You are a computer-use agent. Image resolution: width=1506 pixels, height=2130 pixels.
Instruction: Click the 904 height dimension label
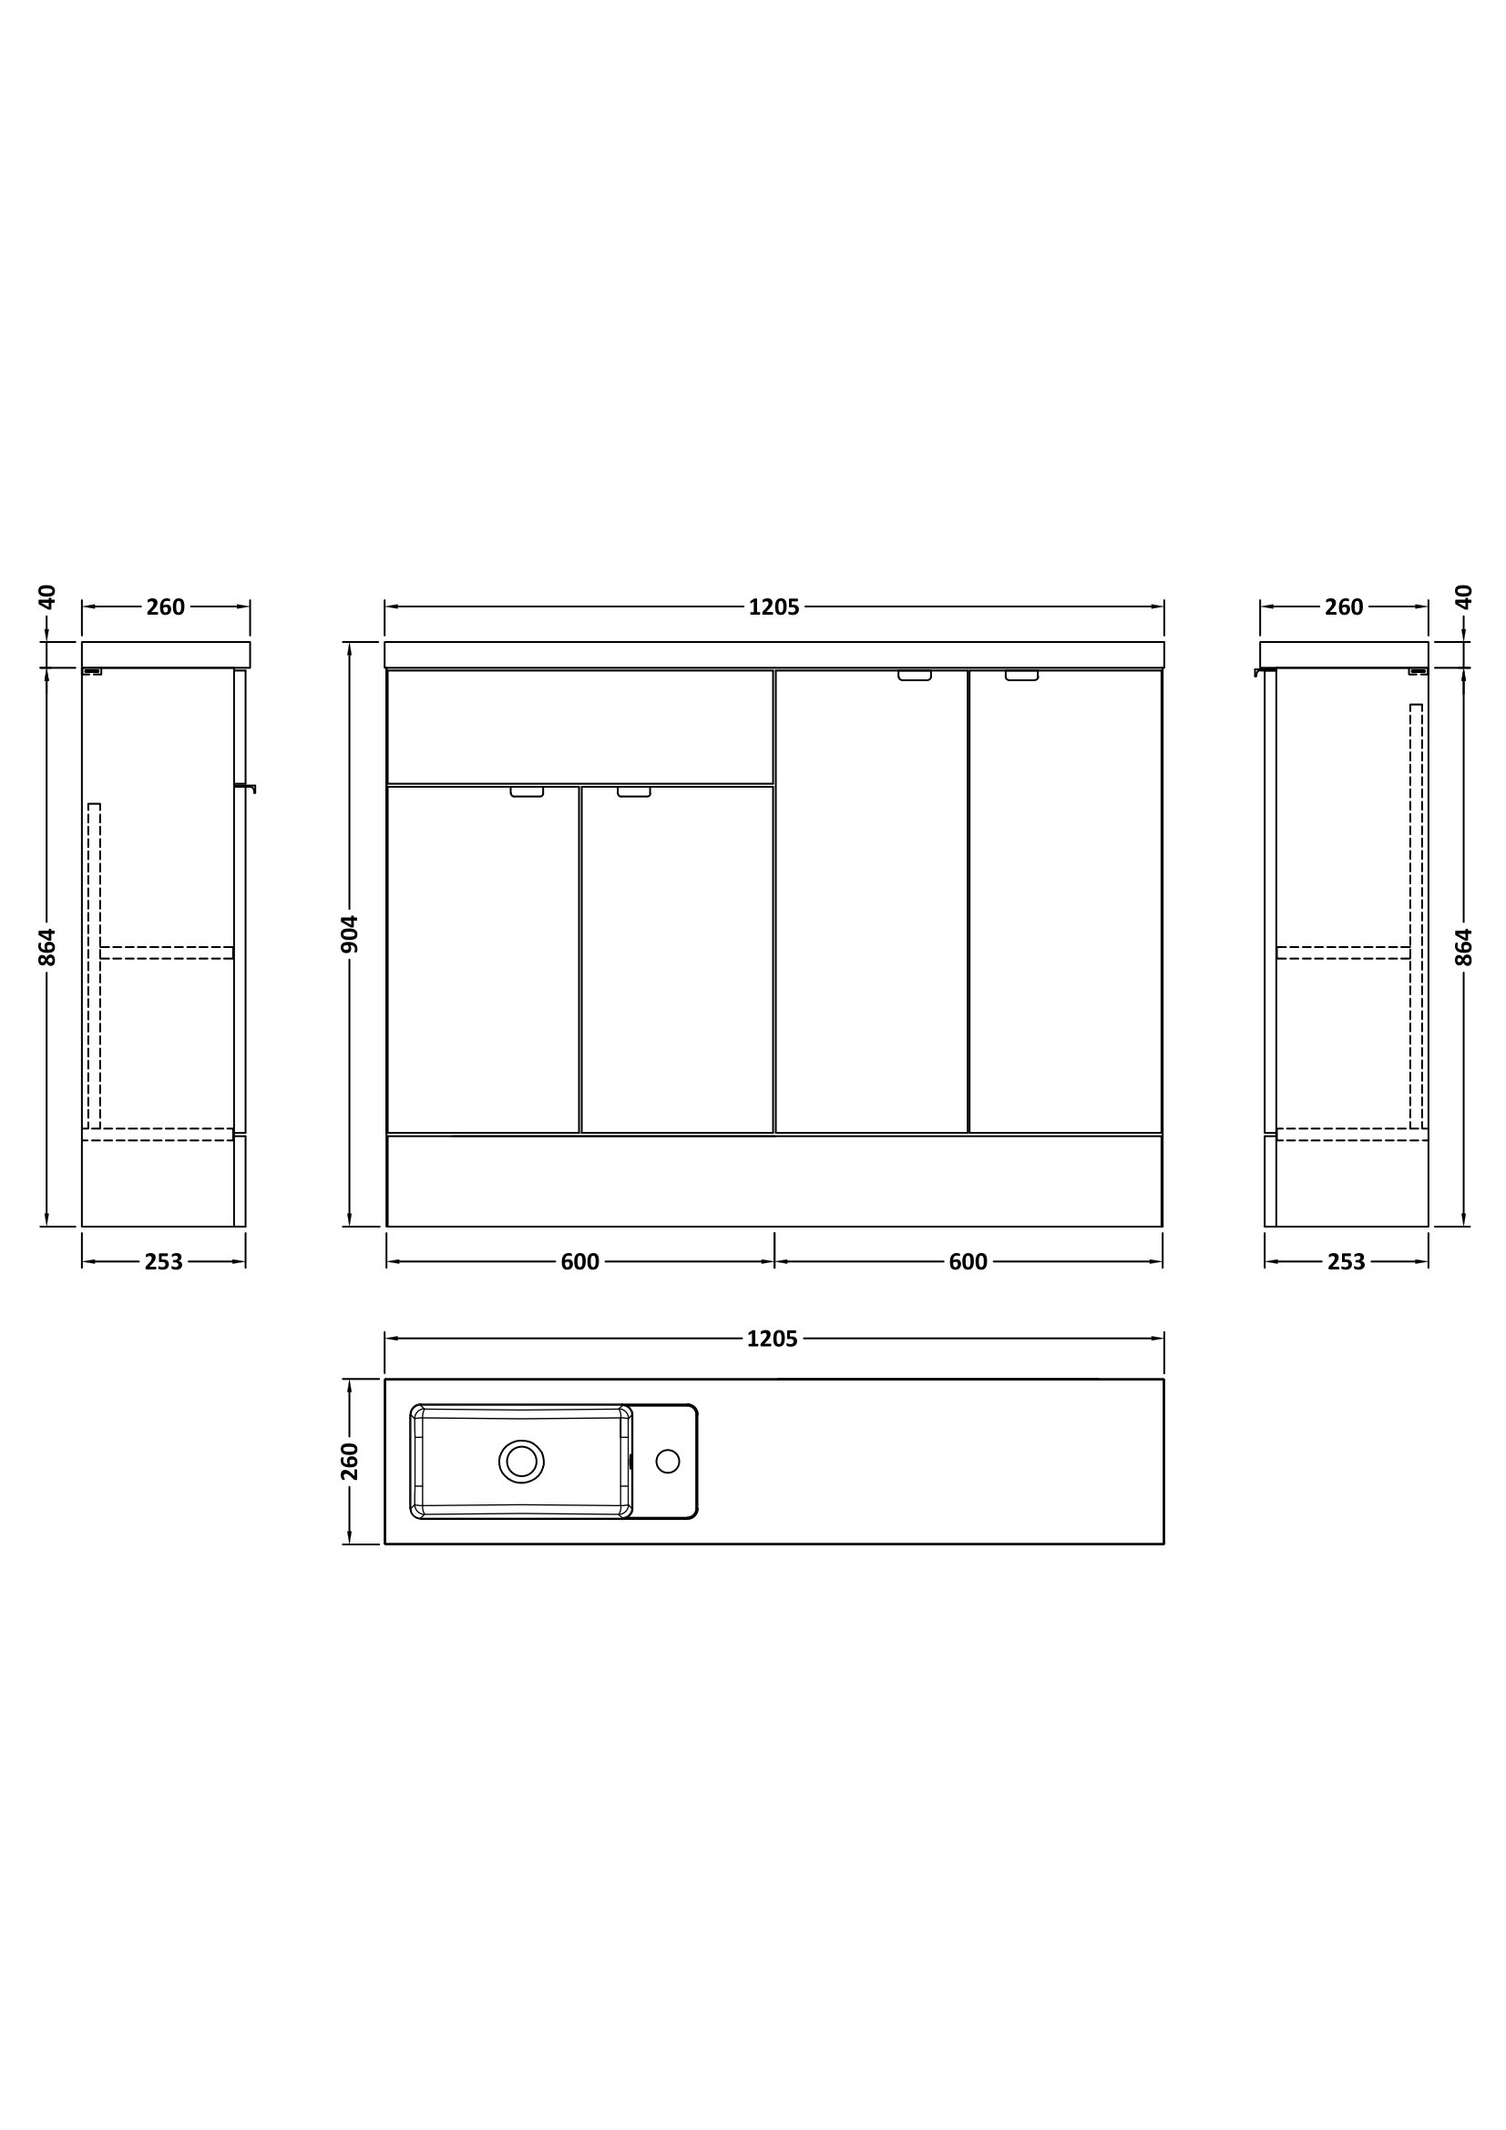350,933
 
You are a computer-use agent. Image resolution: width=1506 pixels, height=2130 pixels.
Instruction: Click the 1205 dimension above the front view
773,606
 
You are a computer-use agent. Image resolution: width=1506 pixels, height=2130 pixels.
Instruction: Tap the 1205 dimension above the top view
772,1339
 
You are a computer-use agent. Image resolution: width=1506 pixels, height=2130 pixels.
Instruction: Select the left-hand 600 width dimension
580,1261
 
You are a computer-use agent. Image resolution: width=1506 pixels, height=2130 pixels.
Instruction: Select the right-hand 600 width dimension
968,1261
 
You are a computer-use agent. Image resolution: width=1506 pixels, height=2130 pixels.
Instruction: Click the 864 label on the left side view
48,946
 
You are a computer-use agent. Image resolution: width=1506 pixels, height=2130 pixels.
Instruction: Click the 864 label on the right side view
1463,946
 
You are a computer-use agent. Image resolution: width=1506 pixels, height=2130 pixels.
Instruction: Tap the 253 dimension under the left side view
163,1261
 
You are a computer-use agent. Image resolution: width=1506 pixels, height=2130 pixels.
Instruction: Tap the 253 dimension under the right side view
1347,1261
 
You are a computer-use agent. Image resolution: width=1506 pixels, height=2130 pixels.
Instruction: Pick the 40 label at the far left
48,596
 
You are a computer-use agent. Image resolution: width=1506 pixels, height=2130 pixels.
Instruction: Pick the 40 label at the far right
1463,596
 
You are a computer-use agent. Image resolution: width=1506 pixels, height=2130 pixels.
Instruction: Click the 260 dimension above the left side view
165,606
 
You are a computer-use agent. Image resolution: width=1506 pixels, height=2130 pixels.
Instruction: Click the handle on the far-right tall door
1021,676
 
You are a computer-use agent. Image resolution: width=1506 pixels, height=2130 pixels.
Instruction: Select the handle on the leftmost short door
527,792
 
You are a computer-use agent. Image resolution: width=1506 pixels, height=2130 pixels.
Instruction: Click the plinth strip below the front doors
773,1180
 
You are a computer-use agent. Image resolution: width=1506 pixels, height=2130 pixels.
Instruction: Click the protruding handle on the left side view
247,787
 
